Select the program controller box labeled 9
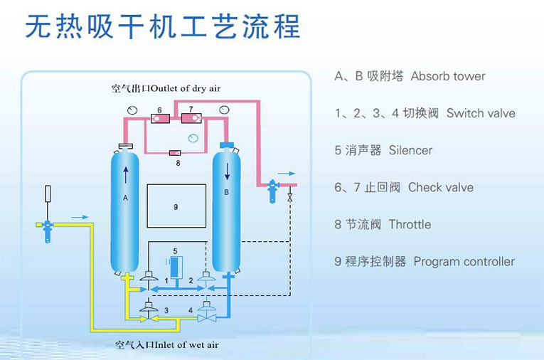click(x=176, y=206)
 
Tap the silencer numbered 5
click(x=175, y=267)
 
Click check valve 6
click(x=160, y=117)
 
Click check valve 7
click(x=191, y=117)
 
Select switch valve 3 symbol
click(x=149, y=308)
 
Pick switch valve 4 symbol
click(x=207, y=309)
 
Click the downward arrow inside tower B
click(x=227, y=171)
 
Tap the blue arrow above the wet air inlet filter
click(x=80, y=217)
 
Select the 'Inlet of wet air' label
click(x=166, y=345)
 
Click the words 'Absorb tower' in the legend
click(x=448, y=76)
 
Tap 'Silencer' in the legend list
click(x=410, y=150)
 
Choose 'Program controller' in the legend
click(x=464, y=261)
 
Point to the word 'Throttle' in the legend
click(x=410, y=224)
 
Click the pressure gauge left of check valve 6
click(x=132, y=109)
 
